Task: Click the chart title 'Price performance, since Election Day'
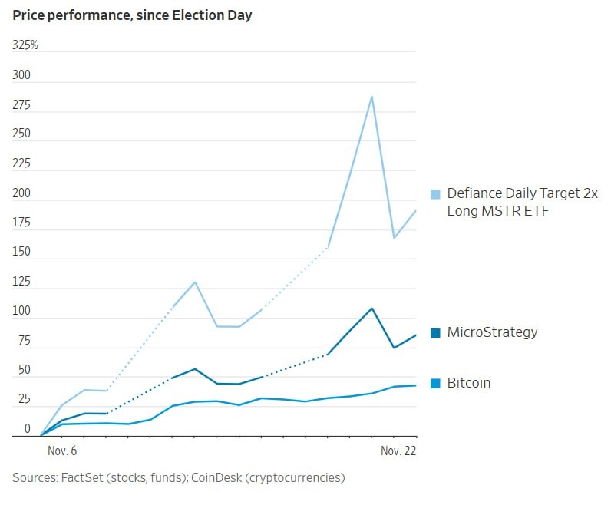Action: (x=132, y=15)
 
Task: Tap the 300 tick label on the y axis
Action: (x=21, y=75)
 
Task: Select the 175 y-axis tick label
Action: (x=21, y=223)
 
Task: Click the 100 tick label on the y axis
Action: (x=21, y=311)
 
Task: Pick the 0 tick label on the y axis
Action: (x=28, y=429)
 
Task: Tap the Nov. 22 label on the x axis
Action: (x=398, y=451)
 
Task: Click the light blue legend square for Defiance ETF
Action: (x=435, y=194)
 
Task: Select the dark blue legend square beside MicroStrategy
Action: (x=435, y=333)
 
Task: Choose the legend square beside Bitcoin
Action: (x=435, y=383)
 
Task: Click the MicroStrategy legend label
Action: (x=492, y=332)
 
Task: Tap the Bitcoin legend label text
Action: (x=468, y=383)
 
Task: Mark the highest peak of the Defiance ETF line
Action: (x=372, y=97)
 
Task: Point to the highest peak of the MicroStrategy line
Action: (x=372, y=309)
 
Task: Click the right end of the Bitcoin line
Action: (x=415, y=385)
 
